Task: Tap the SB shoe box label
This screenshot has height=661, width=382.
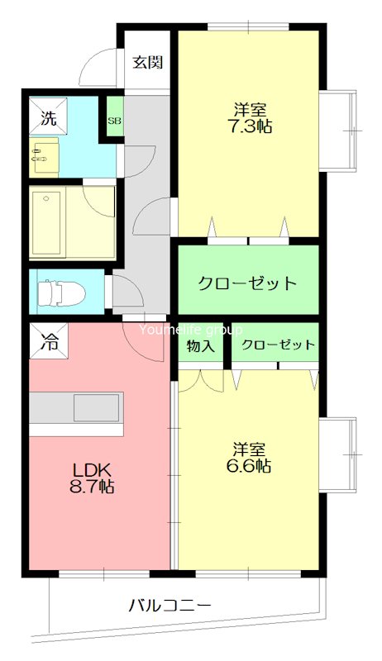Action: pos(112,120)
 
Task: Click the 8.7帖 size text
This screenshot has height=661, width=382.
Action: pos(91,487)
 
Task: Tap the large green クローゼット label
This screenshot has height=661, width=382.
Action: pos(247,283)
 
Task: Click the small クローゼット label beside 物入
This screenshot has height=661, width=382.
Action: pos(279,345)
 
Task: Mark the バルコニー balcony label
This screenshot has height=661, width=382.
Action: pos(170,606)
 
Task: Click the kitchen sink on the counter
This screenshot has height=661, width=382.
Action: pos(97,408)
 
